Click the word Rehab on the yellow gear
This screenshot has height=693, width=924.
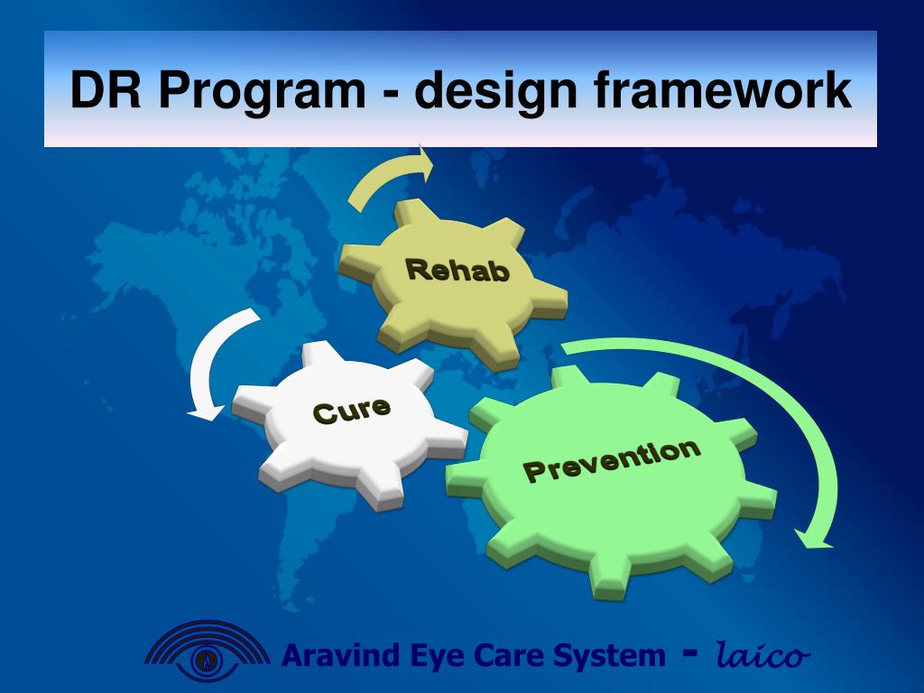[457, 271]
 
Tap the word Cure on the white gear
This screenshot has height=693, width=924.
[351, 411]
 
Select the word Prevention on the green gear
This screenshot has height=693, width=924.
[613, 460]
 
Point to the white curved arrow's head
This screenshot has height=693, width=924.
[207, 411]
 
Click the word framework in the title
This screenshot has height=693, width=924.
[723, 89]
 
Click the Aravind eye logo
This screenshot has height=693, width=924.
[207, 651]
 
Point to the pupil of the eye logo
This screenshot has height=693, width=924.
[207, 658]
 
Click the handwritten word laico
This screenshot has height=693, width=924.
[762, 654]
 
